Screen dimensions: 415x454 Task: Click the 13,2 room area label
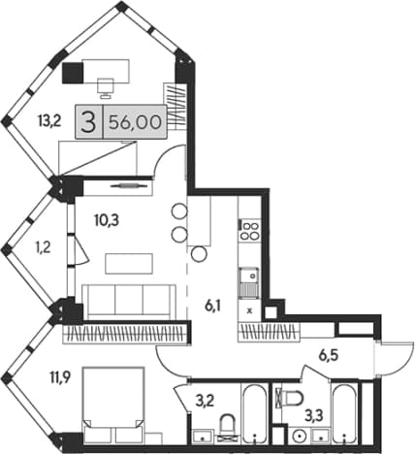[49, 122]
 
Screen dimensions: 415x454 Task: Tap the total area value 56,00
[135, 122]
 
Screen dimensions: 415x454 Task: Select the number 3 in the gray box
[88, 122]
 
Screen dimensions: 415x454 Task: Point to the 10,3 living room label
[107, 220]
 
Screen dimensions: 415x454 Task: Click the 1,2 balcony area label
[43, 248]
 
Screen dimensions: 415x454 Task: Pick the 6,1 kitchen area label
[212, 306]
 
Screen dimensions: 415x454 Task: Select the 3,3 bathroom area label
[315, 414]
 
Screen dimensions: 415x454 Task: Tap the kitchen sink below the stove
[248, 282]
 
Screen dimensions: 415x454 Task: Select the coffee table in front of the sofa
[129, 264]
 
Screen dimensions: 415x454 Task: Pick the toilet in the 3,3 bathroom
[292, 398]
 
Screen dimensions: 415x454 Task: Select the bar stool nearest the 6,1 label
[199, 254]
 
